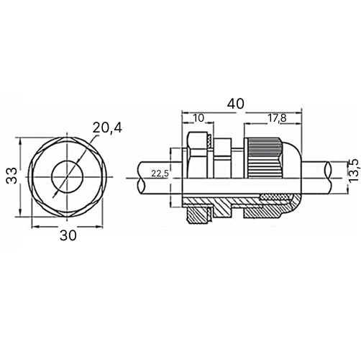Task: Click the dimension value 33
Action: click(12, 176)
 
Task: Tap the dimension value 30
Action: click(68, 235)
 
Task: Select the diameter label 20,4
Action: click(107, 128)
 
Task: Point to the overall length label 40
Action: click(236, 104)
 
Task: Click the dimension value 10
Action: click(198, 118)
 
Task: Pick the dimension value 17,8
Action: click(277, 118)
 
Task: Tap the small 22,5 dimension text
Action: click(160, 174)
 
